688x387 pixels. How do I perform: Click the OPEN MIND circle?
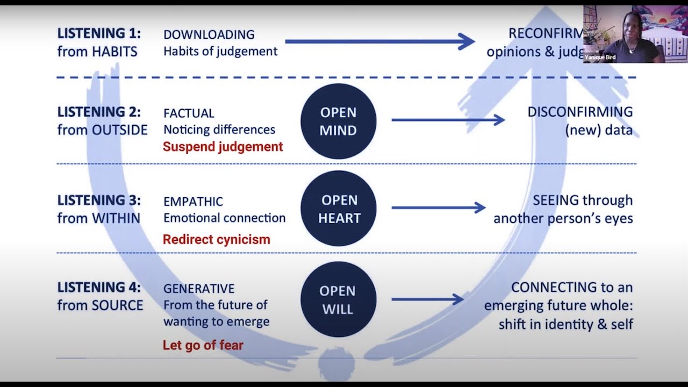point(338,121)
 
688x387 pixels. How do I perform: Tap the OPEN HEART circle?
point(339,209)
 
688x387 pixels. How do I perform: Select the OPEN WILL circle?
point(338,299)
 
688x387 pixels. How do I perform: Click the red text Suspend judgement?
point(223,147)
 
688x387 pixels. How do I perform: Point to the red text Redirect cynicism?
point(216,239)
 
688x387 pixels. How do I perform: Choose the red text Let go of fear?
point(203,345)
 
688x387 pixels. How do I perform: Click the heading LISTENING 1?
point(99,33)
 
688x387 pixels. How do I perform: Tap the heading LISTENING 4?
point(99,288)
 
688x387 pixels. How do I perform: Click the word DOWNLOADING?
point(209,34)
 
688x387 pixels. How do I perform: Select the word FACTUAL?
point(189,113)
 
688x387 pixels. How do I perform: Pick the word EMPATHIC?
point(193,202)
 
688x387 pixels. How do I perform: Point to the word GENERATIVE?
point(199,289)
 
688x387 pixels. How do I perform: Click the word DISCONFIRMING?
point(580,112)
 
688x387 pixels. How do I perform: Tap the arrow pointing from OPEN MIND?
point(448,120)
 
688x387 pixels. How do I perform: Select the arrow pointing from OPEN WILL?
point(427,299)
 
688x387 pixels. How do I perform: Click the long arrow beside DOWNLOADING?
point(379,41)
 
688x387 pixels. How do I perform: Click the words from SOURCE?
point(100,305)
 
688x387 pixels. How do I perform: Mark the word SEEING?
point(555,200)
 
